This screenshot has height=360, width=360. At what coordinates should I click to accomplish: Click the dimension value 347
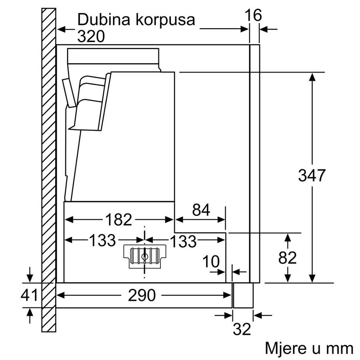[x=312, y=175]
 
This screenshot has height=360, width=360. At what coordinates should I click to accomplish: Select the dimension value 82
[x=287, y=258]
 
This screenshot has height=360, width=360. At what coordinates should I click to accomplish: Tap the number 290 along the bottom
[x=142, y=295]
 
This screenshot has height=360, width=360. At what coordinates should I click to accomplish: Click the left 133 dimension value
[x=102, y=240]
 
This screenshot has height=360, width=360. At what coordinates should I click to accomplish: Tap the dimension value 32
[x=242, y=329]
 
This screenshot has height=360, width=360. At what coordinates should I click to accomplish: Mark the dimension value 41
[x=28, y=295]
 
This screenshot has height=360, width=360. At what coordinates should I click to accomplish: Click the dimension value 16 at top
[x=253, y=16]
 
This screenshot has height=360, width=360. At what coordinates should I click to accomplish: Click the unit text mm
[x=340, y=348]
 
